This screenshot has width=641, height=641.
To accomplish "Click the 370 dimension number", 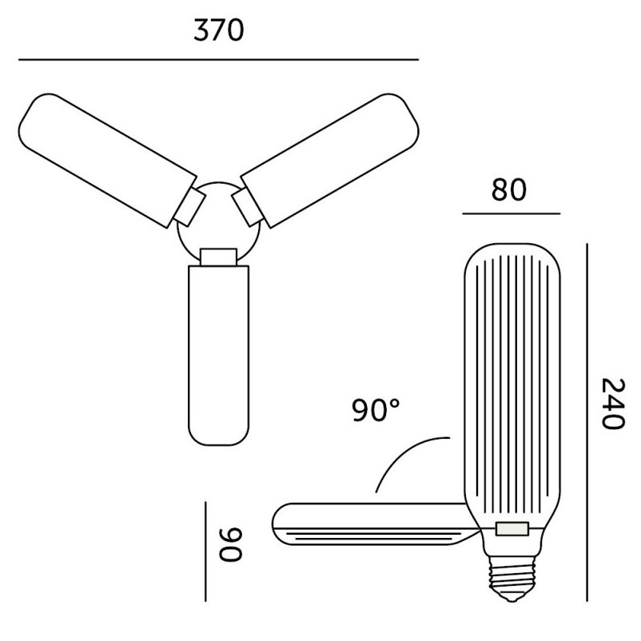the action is pyautogui.click(x=219, y=30).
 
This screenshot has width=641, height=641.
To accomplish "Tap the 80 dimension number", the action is pyautogui.click(x=508, y=189).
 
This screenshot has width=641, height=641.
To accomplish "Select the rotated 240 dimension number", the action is pyautogui.click(x=614, y=404).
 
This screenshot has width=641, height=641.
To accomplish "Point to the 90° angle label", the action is pyautogui.click(x=376, y=410).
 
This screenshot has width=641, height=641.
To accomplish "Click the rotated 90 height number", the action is pyautogui.click(x=231, y=544).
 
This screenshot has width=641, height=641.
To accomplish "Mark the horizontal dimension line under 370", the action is pyautogui.click(x=219, y=60).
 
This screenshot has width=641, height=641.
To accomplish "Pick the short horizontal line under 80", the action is pyautogui.click(x=512, y=213).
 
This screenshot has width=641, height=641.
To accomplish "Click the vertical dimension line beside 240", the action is pyautogui.click(x=587, y=422).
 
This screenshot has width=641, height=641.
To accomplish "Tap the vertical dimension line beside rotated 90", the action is pyautogui.click(x=205, y=551).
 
